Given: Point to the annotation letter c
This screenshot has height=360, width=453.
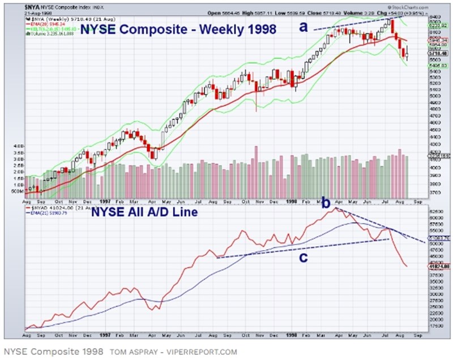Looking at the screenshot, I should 304,258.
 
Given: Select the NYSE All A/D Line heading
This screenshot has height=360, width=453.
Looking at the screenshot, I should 143,212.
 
